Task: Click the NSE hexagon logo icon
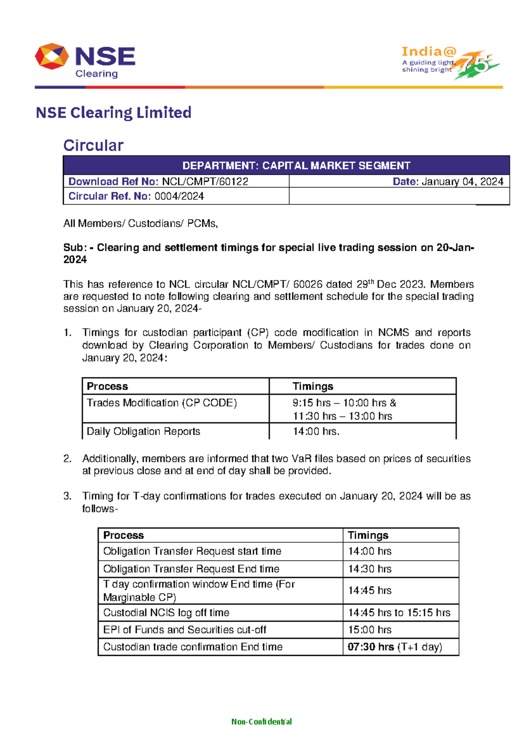[52, 56]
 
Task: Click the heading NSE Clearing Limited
[114, 113]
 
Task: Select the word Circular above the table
[93, 145]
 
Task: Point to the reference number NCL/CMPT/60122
[205, 182]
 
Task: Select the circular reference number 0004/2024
[179, 196]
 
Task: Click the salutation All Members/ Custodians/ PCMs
[140, 224]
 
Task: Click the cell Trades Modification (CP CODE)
[162, 403]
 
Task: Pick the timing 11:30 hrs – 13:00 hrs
[342, 416]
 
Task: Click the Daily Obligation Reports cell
[143, 432]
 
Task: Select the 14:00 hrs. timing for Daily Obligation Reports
[316, 432]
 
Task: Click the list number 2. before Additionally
[67, 459]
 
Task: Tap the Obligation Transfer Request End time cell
[191, 569]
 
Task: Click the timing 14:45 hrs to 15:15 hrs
[399, 613]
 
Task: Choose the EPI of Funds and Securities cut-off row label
[184, 630]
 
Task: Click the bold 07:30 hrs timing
[371, 647]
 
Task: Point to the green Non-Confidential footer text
[262, 722]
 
